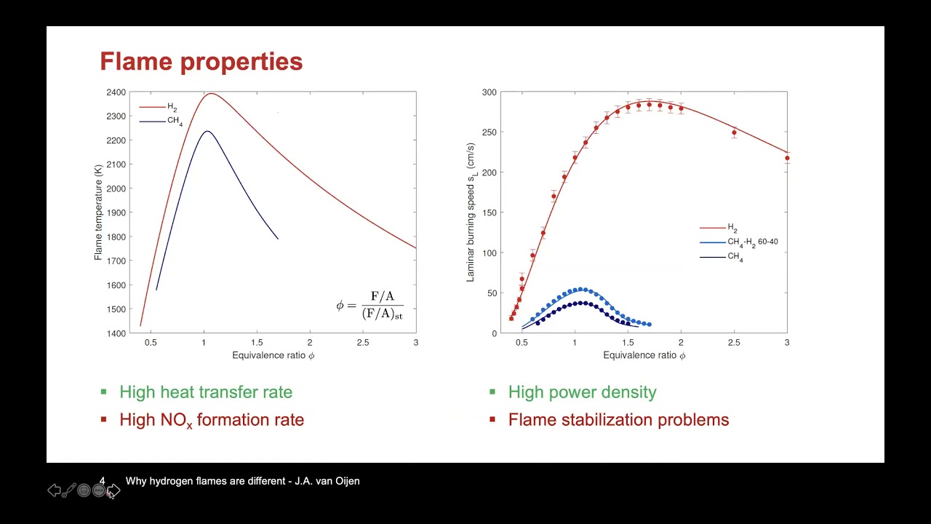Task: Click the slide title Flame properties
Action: (201, 61)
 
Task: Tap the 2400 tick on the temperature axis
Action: (116, 92)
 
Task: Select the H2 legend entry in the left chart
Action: (172, 107)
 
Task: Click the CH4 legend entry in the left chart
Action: (175, 121)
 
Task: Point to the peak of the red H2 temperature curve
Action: (211, 93)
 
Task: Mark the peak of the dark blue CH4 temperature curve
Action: (207, 131)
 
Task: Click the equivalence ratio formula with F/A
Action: (369, 305)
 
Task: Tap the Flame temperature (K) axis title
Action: (98, 213)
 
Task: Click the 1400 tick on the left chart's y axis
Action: (116, 333)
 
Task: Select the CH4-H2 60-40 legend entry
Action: (752, 242)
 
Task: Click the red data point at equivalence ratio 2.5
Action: (734, 132)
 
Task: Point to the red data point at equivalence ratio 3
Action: (787, 158)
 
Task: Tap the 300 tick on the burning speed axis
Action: (488, 92)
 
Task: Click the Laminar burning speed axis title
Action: (471, 213)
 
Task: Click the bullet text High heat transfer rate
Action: (206, 392)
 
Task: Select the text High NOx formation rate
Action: (212, 420)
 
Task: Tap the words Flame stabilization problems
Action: (618, 420)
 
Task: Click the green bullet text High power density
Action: (582, 392)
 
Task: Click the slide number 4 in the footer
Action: (102, 481)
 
